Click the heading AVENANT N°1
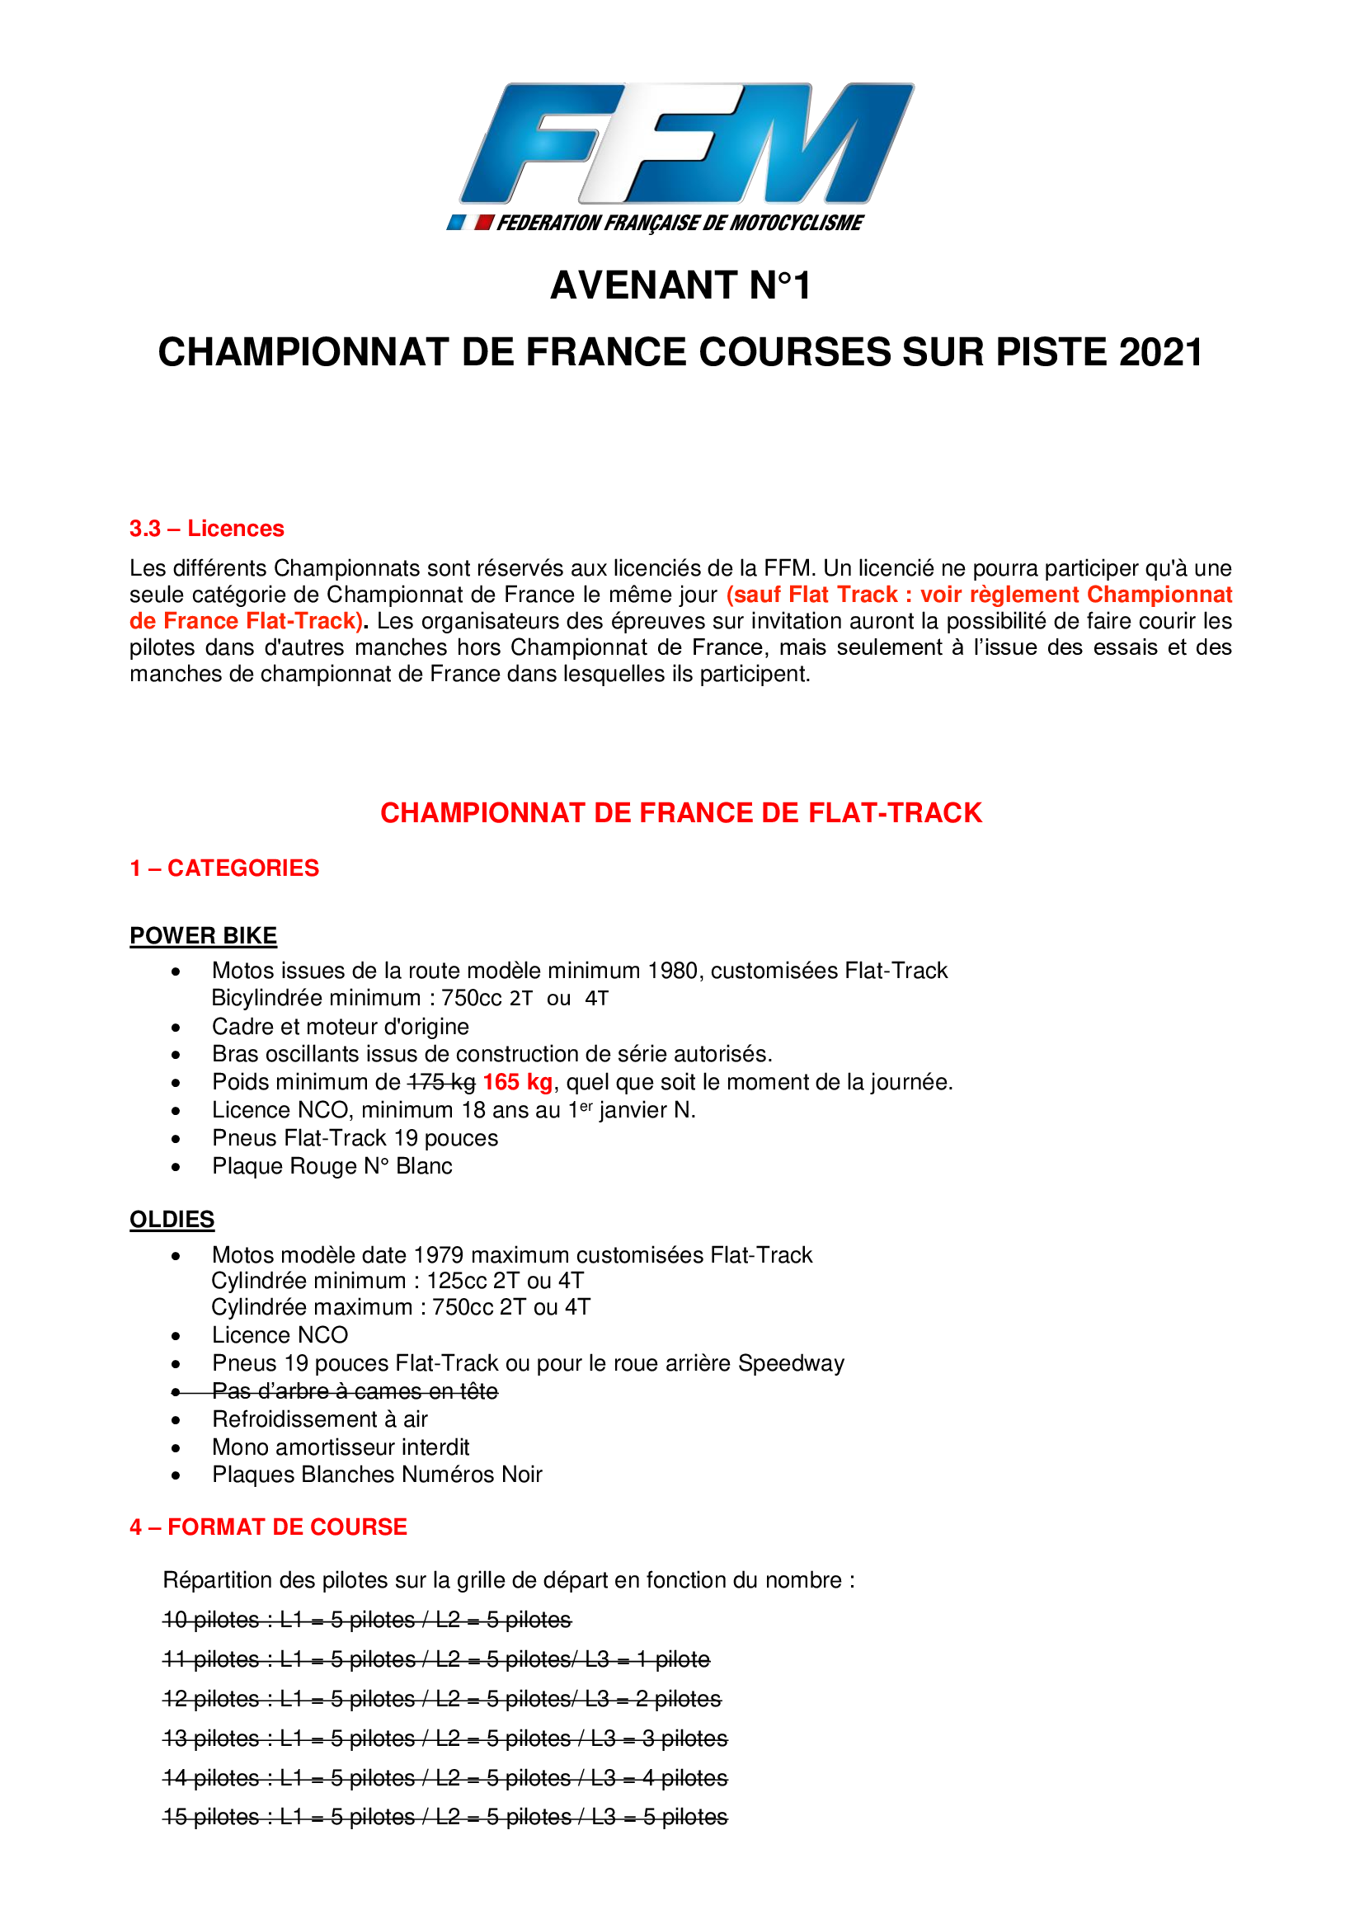[x=681, y=285]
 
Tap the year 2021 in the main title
[x=1161, y=352]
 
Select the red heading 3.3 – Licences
[x=207, y=529]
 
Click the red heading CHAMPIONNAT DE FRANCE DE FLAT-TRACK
[x=681, y=812]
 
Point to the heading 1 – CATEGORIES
[x=224, y=868]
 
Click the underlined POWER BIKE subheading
[x=203, y=936]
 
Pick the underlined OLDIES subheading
[x=172, y=1219]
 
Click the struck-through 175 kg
[x=442, y=1082]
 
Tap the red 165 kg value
[x=517, y=1082]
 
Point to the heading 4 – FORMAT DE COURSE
[x=268, y=1527]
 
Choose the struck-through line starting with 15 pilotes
[x=445, y=1816]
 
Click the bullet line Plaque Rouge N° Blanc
[x=332, y=1166]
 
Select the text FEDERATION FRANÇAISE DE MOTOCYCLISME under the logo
[x=680, y=223]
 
